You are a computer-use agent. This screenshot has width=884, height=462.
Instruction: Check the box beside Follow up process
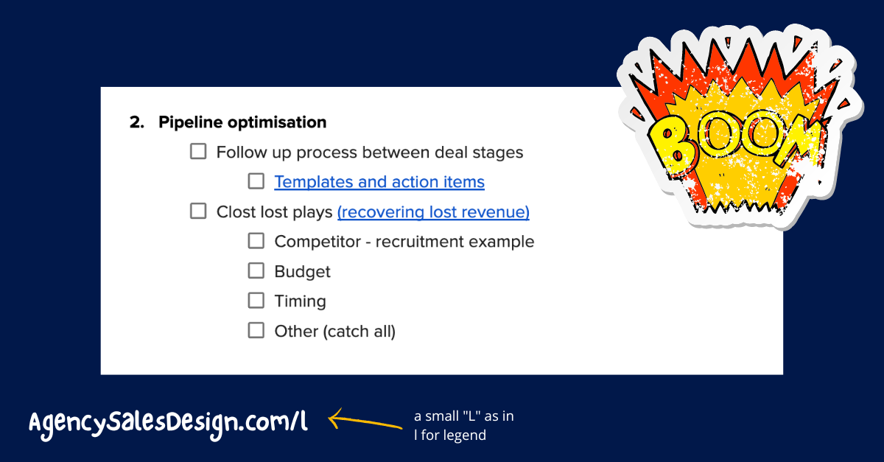coord(198,151)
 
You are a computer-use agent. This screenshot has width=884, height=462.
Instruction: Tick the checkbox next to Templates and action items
coord(256,181)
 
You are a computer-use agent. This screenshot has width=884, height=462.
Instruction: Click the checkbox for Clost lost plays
coord(198,211)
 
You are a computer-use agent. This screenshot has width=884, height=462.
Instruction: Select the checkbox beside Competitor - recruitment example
coord(256,241)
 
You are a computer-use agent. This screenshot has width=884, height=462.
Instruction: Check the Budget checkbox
coord(256,271)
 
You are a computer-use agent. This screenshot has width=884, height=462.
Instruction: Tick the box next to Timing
coord(256,301)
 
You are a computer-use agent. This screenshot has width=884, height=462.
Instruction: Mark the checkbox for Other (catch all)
coord(256,331)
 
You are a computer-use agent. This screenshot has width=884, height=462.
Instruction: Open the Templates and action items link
coord(379,182)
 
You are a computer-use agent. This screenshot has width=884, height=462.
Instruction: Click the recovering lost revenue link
coord(433,212)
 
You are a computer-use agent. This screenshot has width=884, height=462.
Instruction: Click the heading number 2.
coord(136,122)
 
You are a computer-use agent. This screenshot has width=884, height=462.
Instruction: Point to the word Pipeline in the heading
coord(190,122)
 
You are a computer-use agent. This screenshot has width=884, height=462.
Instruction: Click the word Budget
coord(302,272)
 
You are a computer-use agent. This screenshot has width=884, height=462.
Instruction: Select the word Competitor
coord(318,242)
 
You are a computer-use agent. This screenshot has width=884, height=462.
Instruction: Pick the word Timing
coord(301,301)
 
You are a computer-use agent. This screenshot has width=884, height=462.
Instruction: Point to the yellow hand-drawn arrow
coord(365,421)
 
